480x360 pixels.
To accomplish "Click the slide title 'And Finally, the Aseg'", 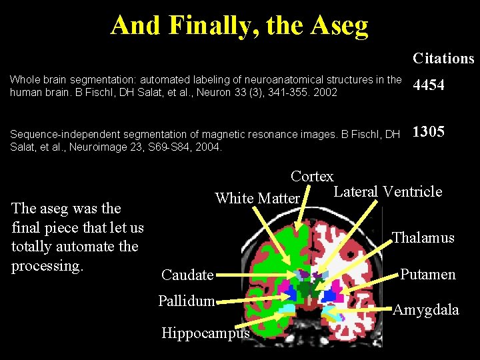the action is pos(239,25).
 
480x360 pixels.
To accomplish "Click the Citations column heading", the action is pos(443,58).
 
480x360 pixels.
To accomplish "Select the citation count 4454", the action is pos(429,86).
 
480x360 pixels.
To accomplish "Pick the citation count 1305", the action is pos(429,132).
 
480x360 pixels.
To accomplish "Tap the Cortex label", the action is pos(312,177).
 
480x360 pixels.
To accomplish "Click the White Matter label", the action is pos(257,198).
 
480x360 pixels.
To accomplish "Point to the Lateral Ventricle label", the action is pos(387,192).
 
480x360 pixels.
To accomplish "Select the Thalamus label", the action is pos(423,237).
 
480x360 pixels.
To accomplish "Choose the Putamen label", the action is pos(428,274).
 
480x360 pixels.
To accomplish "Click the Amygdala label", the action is pos(426,309).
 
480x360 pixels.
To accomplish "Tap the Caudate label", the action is pos(187,275).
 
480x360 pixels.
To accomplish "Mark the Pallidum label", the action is pos(186,301).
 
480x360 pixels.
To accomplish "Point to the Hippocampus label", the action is pos(205,333).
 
